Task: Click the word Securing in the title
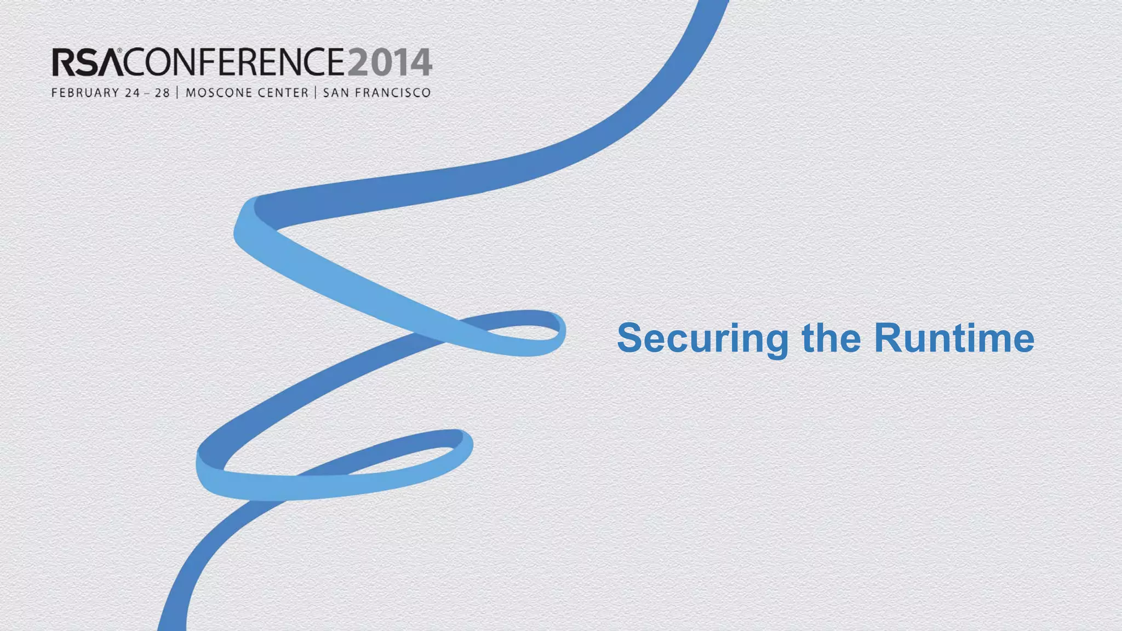[x=703, y=339]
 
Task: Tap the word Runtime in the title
[x=954, y=337]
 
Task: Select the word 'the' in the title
[x=831, y=337]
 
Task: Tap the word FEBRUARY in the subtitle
[x=85, y=93]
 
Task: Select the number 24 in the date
[x=132, y=93]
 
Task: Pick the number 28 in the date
[x=162, y=93]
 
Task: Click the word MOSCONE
[x=218, y=93]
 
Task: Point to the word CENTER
[x=283, y=93]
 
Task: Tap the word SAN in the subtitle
[x=336, y=93]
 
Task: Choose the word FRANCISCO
[x=393, y=93]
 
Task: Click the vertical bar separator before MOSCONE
[x=178, y=93]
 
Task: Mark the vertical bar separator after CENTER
[x=316, y=93]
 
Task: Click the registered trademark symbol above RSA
[x=119, y=50]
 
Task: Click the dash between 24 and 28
[x=147, y=93]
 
